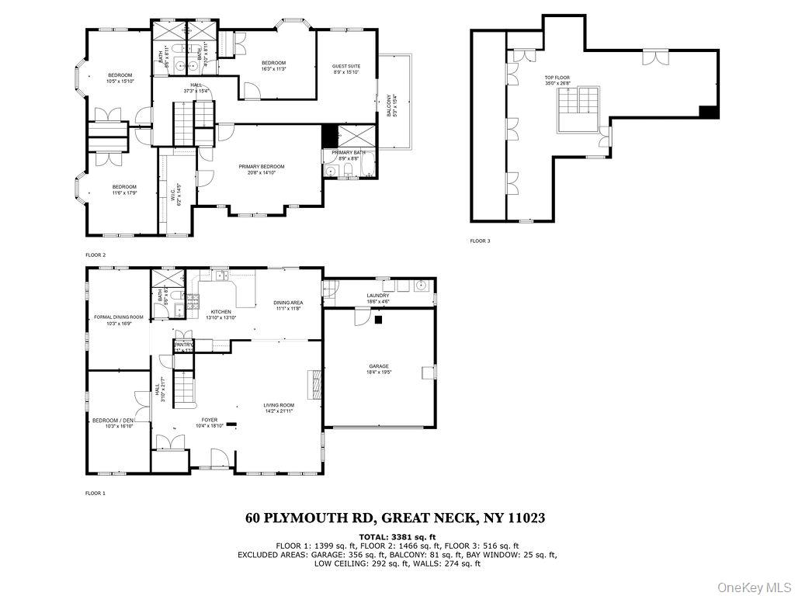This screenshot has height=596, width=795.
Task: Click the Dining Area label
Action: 288,305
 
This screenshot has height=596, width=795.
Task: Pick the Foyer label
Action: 209,422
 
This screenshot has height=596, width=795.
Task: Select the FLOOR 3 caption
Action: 480,241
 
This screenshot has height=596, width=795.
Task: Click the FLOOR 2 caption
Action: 95,255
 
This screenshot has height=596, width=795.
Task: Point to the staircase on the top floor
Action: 578,108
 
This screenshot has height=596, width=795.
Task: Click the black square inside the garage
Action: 378,319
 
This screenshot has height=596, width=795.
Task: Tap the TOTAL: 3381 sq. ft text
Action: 397,536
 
